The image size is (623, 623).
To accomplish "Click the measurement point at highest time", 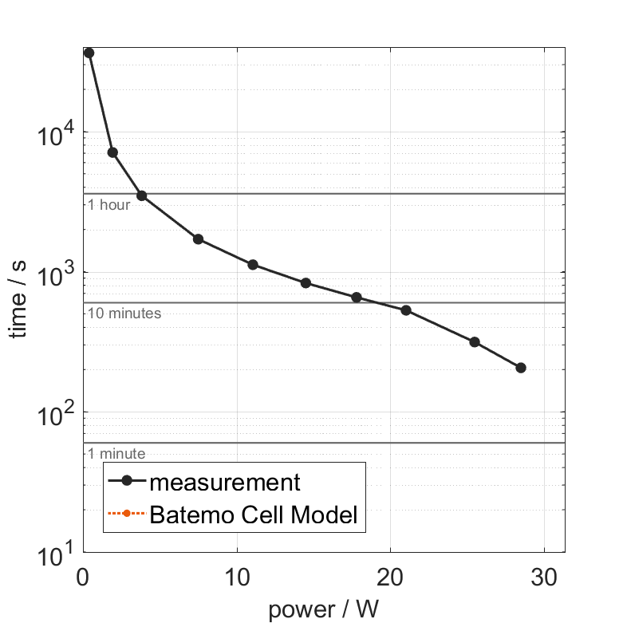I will pos(89,53).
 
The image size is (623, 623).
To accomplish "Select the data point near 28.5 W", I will pos(521,368).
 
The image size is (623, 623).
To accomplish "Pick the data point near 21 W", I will pos(405,310).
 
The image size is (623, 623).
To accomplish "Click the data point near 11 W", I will pos(253,265).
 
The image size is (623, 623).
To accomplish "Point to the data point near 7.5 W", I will pos(198,239).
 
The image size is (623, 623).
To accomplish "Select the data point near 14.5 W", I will pos(306,283).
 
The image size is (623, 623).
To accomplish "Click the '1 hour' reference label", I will pos(108,205).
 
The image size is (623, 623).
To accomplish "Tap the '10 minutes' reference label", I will pos(124,313).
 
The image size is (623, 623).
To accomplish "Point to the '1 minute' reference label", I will pos(116,454).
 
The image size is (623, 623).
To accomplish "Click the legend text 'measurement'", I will pos(225,483).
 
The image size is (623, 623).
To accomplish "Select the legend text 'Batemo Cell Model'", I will pos(253,515).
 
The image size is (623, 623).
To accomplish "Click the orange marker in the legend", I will pos(128,515).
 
